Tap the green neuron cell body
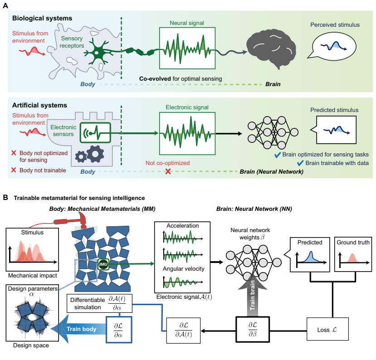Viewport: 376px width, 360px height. tap(98, 52)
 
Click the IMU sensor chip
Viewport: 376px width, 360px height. tap(103, 264)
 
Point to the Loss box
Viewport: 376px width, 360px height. tap(327, 329)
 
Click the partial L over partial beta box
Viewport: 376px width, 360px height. tap(253, 329)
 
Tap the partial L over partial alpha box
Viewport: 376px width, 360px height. tap(119, 330)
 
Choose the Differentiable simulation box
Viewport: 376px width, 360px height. tap(99, 303)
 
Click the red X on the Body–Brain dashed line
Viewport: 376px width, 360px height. tap(168, 171)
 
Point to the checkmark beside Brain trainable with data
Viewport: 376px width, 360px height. tap(300, 163)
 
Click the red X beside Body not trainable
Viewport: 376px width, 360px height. tap(14, 170)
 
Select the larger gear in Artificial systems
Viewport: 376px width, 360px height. tap(95, 154)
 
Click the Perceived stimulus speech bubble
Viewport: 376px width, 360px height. tap(332, 46)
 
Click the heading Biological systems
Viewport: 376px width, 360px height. tap(42, 18)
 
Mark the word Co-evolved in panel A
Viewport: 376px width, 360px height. tap(155, 78)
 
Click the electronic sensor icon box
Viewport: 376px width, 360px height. tap(95, 132)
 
